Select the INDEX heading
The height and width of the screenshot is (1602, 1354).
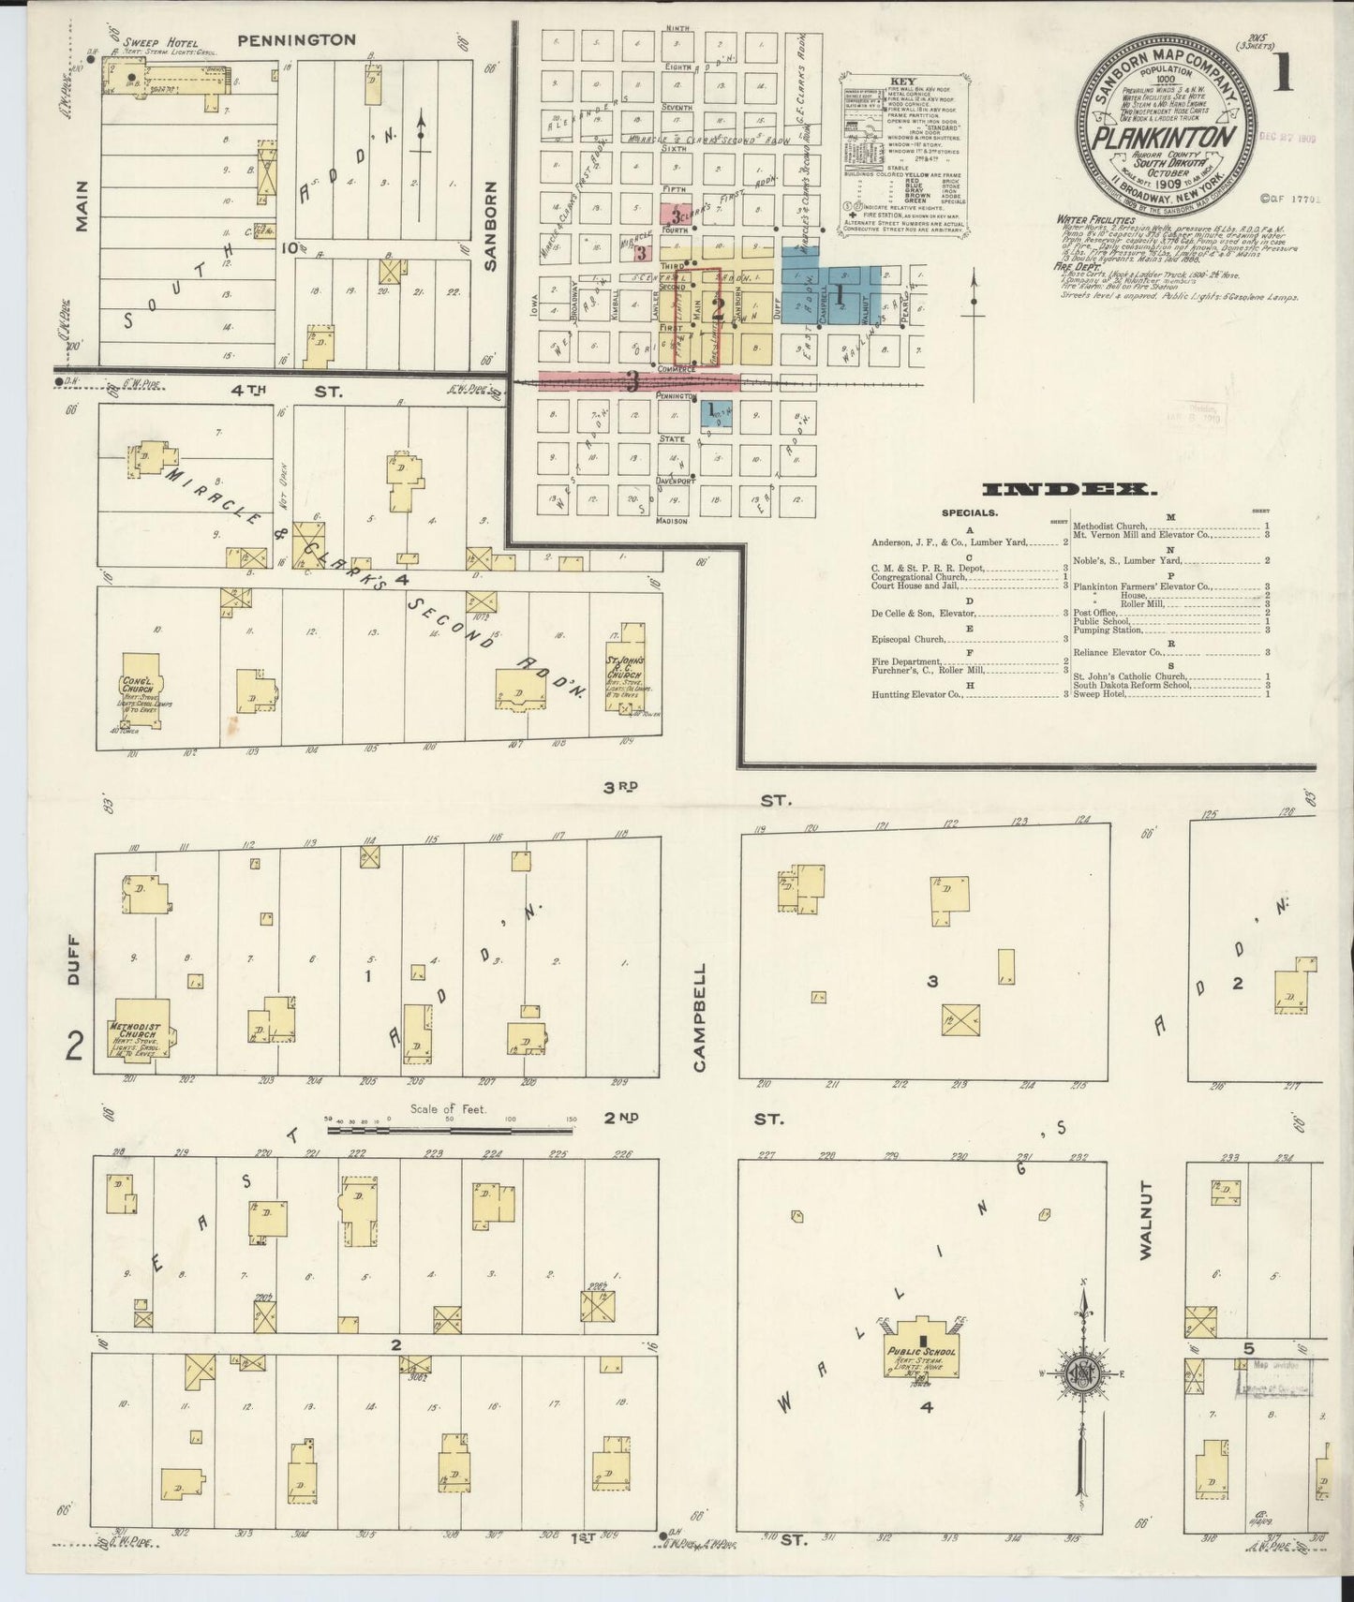[1069, 489]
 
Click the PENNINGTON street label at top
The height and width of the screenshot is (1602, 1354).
[296, 40]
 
